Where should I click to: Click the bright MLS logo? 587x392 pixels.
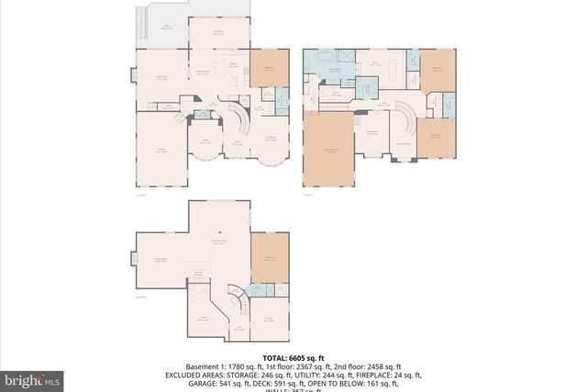[x=33, y=378]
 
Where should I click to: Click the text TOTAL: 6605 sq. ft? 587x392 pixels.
[x=293, y=357]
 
